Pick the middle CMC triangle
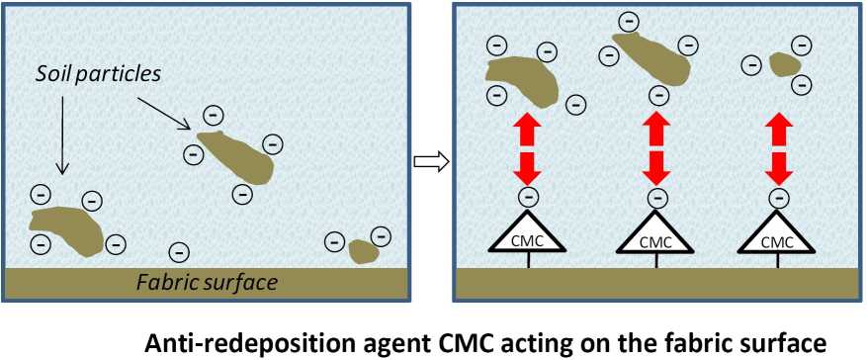pos(654,235)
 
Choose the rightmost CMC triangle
pos(780,235)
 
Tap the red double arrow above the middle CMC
pos(654,148)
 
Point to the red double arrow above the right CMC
pos(780,148)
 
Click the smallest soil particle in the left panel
pos(364,250)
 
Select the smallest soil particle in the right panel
pos(784,65)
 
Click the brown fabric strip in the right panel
pos(654,283)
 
